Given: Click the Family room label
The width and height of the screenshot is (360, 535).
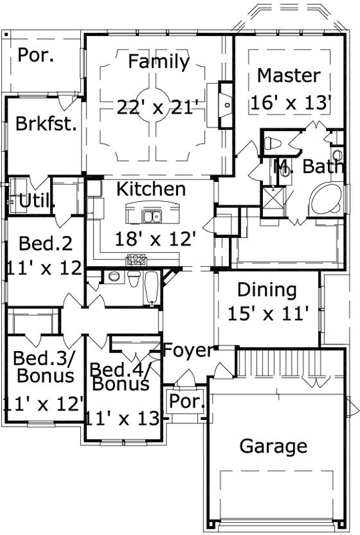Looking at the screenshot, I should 159,62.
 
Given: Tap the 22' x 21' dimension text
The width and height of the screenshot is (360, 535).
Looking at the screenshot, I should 158,107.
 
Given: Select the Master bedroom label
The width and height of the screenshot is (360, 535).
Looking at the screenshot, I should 288,75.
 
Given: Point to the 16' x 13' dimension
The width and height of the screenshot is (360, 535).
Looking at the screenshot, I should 291,103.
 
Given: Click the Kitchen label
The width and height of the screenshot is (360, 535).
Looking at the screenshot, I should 151,189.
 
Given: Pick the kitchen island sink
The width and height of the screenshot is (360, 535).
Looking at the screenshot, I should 152,216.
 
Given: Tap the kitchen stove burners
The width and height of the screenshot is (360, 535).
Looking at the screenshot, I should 138,259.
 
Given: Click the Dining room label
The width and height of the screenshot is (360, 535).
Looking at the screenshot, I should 267,290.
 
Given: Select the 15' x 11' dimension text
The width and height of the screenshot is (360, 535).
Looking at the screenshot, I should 268,313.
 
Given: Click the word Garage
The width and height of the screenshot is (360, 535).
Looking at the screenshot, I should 273,446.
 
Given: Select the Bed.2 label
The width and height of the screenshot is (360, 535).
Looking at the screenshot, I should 46,242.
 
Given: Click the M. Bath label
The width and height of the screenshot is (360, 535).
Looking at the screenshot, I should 309,167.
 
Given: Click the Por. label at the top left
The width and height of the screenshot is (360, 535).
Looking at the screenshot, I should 36,55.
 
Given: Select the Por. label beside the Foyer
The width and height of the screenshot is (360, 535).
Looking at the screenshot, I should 181,402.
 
